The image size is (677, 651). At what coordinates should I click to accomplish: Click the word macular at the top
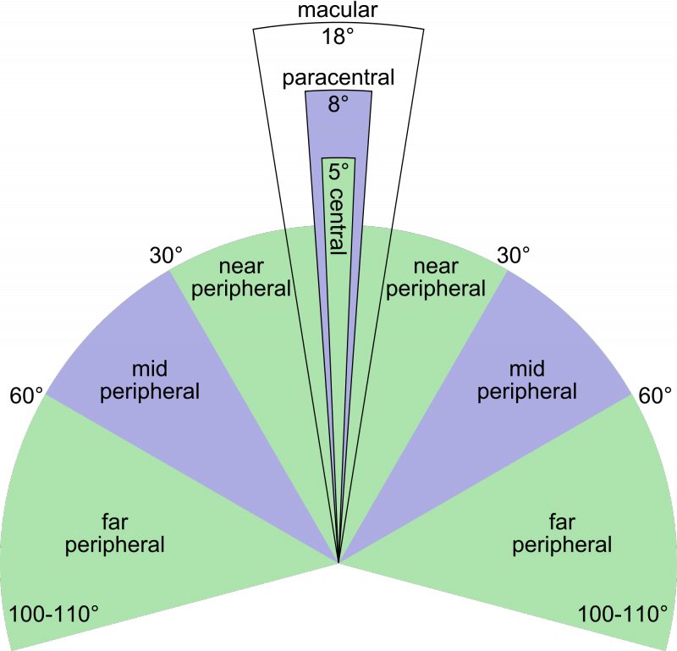click(338, 10)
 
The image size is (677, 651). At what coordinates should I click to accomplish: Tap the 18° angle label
click(338, 36)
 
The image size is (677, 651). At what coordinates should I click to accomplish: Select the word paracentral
click(338, 79)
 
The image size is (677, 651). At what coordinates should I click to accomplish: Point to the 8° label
click(338, 104)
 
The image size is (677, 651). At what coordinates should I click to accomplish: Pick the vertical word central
click(338, 221)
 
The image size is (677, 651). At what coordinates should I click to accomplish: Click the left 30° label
click(166, 256)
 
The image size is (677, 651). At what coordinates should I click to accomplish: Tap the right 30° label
click(514, 256)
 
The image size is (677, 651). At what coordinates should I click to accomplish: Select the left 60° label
click(27, 395)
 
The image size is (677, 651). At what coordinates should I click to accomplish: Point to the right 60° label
click(655, 395)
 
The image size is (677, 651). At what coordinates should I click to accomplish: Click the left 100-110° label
click(54, 614)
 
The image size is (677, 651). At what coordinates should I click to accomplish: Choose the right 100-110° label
click(623, 614)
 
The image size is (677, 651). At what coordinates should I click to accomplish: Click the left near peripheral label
click(241, 279)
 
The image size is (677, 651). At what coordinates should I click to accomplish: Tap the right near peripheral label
click(436, 279)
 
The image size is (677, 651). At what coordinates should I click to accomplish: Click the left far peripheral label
click(115, 534)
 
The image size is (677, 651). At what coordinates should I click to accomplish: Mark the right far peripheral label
click(562, 534)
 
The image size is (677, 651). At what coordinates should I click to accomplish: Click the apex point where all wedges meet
click(338, 562)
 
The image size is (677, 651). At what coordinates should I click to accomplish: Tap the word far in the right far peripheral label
click(562, 521)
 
